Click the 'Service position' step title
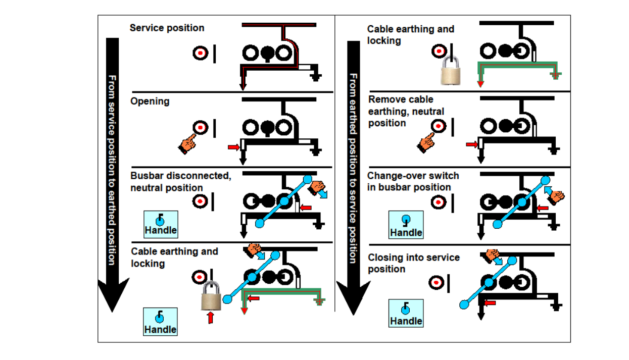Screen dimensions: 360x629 (167, 28)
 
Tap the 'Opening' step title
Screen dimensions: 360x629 (150, 101)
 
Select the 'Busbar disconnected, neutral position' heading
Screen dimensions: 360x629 (180, 182)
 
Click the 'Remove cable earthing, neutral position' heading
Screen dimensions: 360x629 (406, 111)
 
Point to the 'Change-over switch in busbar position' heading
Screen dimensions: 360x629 (413, 181)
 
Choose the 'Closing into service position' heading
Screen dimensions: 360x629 (413, 263)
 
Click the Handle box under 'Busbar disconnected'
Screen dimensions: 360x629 (160, 225)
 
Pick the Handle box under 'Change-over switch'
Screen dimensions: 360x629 (406, 225)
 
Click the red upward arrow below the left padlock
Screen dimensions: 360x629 (211, 318)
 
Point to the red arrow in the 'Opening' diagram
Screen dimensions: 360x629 (233, 147)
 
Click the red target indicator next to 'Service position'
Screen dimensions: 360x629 (201, 53)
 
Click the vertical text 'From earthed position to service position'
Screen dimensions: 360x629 (353, 167)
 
